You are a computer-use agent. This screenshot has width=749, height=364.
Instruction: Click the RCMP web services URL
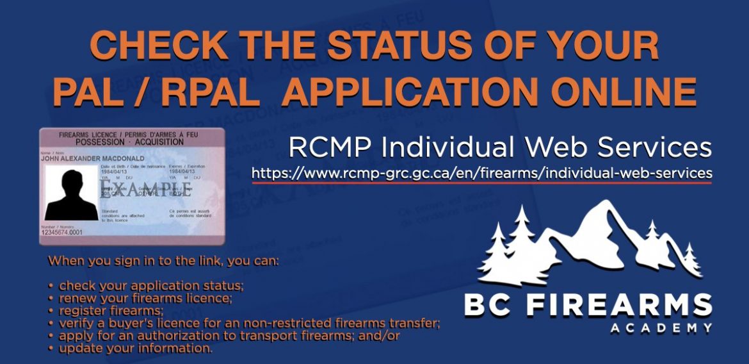[x=481, y=173]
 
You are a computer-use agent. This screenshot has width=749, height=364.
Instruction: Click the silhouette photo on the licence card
[x=71, y=192]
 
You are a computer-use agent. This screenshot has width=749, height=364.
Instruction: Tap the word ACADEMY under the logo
[x=661, y=329]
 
